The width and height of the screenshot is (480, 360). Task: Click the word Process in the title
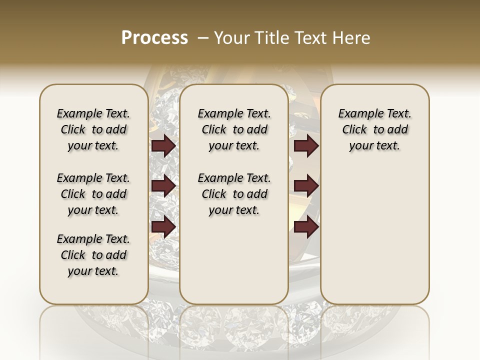click(154, 38)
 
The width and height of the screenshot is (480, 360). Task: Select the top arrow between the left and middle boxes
click(163, 146)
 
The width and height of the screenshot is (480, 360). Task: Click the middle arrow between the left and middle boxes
click(163, 186)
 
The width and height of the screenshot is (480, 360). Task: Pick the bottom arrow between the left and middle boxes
click(163, 226)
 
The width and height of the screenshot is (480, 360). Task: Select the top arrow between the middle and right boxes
click(306, 146)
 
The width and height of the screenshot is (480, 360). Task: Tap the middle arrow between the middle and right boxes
click(306, 186)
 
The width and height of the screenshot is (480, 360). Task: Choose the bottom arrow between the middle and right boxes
click(306, 226)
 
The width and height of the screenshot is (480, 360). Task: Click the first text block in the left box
click(93, 129)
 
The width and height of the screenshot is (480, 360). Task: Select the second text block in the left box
click(93, 194)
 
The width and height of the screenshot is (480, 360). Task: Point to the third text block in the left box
click(93, 255)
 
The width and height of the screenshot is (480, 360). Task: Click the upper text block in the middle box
click(234, 129)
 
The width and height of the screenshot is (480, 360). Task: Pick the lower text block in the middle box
click(234, 194)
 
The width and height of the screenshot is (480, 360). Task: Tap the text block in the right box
click(374, 129)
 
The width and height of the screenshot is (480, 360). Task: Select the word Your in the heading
click(231, 38)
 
